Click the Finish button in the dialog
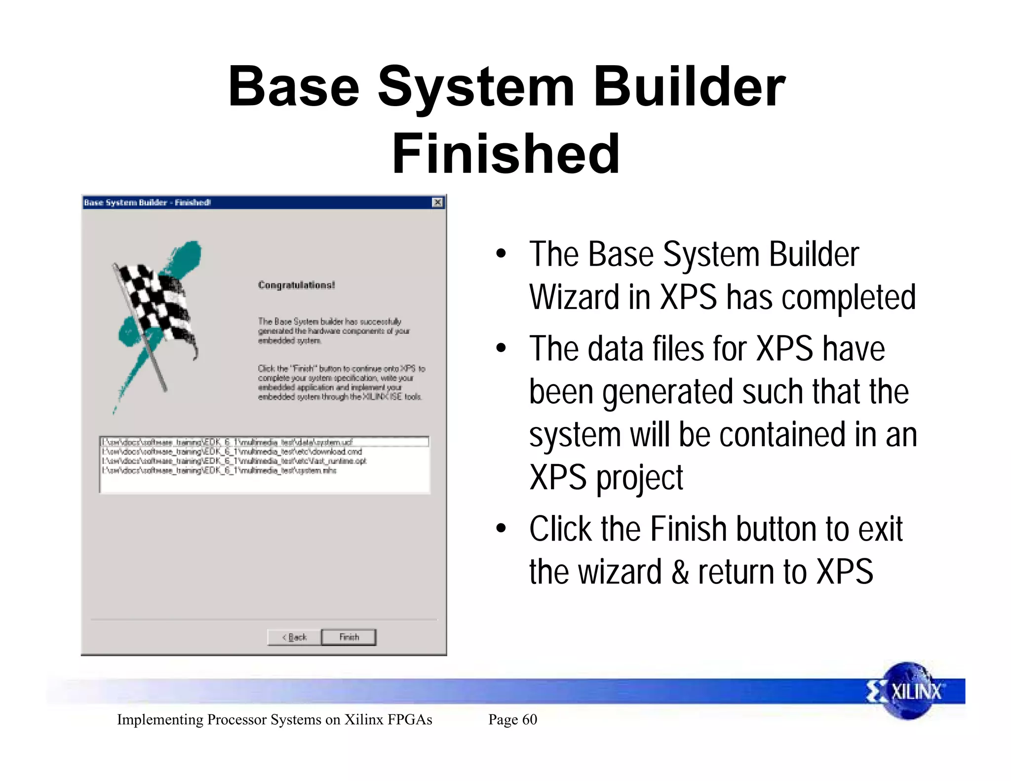[349, 637]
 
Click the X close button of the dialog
[437, 202]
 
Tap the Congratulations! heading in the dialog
[296, 285]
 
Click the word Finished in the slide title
[505, 154]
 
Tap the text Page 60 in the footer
[512, 719]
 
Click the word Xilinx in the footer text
[364, 719]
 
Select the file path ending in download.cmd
[232, 452]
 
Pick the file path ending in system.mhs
[219, 470]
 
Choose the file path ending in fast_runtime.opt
[234, 461]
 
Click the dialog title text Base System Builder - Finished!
[147, 202]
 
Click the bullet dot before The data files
[501, 349]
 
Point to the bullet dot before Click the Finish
[501, 529]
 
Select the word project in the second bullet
[639, 478]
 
